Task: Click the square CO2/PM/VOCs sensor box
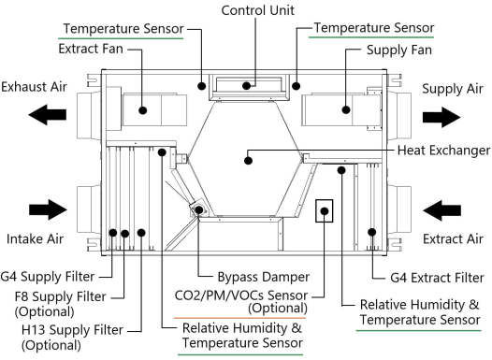(324, 212)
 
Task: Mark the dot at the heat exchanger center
(248, 160)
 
